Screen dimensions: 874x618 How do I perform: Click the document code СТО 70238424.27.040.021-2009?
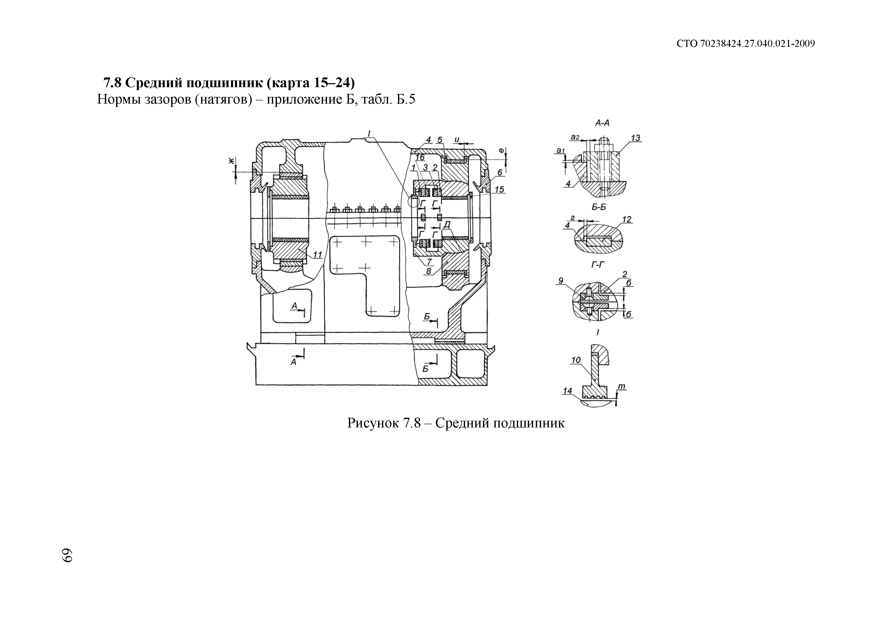tap(746, 44)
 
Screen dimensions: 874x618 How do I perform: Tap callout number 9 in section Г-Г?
tap(561, 281)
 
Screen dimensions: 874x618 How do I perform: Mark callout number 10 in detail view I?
tap(576, 360)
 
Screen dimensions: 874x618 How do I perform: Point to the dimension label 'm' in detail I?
tap(622, 387)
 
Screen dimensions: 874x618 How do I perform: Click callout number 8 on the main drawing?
tap(429, 271)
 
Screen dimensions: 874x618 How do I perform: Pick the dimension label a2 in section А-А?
tap(575, 137)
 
